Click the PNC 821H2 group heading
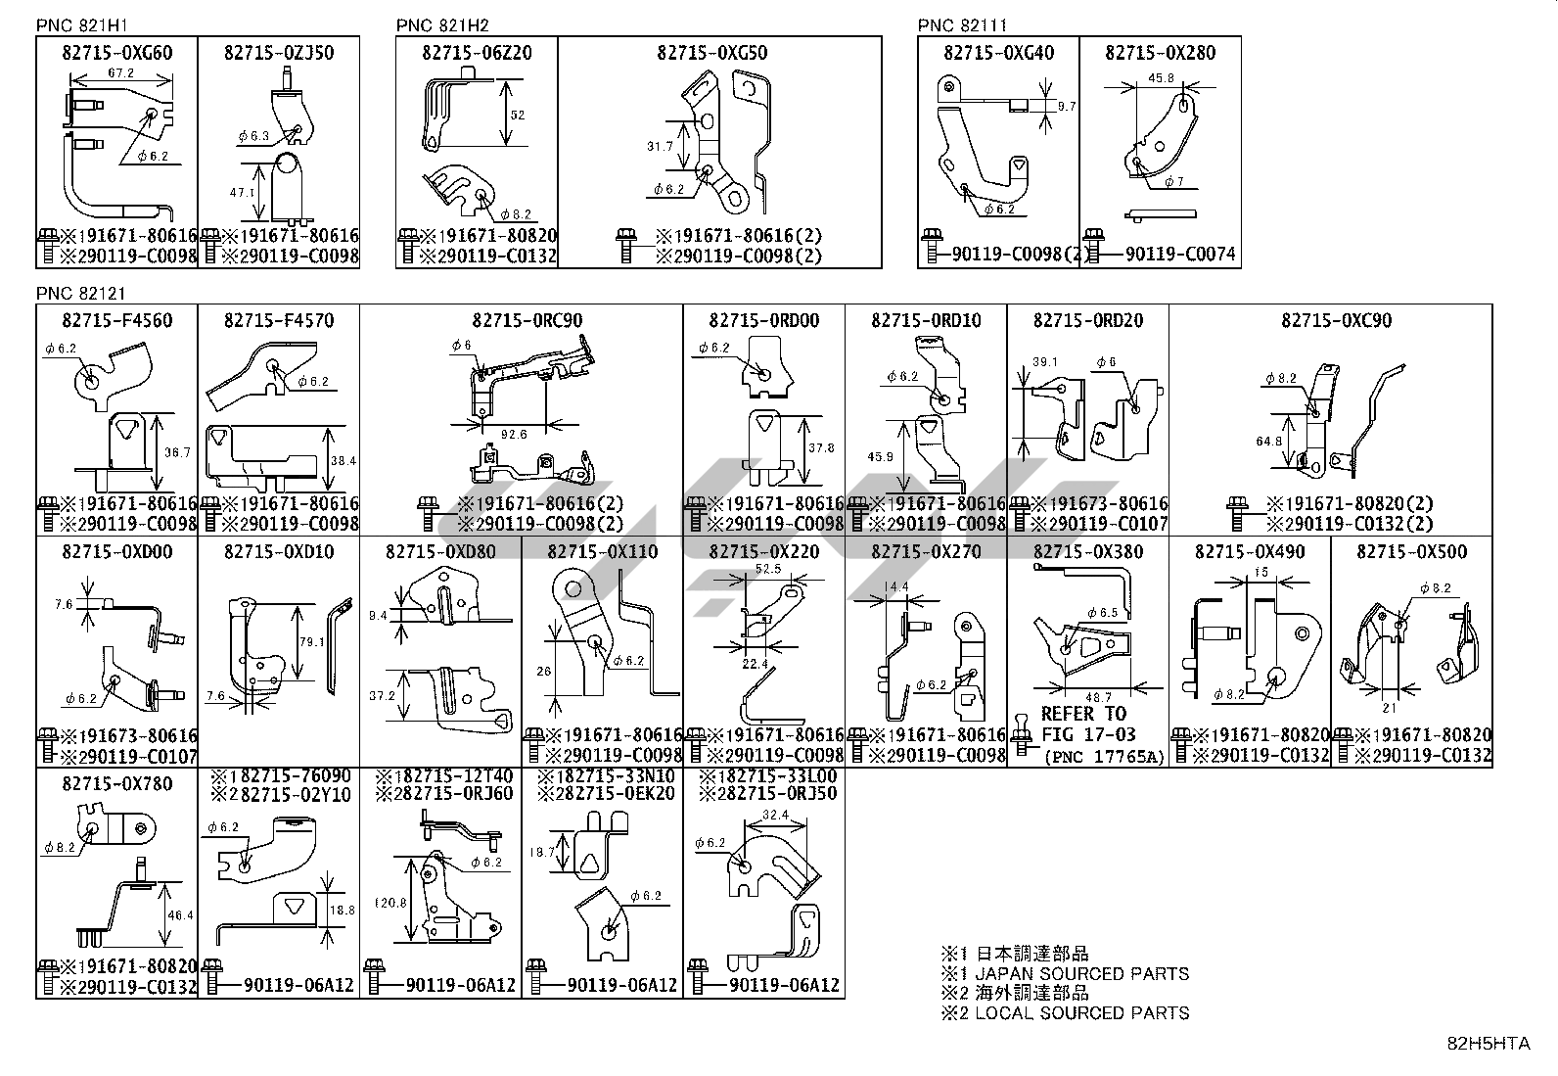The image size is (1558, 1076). pos(442,25)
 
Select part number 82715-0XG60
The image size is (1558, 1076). pos(116,53)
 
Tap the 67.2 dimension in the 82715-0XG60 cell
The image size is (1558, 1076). pos(120,73)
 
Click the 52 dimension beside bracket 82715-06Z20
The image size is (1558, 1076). pos(518,115)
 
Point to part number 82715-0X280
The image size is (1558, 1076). pos(1160,53)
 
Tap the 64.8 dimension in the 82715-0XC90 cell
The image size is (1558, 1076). pos(1269,441)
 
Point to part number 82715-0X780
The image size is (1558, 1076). pos(116,783)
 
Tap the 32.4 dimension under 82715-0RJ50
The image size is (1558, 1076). pos(773,815)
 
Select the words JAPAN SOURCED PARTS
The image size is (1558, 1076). pos(1081,973)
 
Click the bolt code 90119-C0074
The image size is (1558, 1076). pos(1180,255)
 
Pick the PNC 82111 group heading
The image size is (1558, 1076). pos(962,25)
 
